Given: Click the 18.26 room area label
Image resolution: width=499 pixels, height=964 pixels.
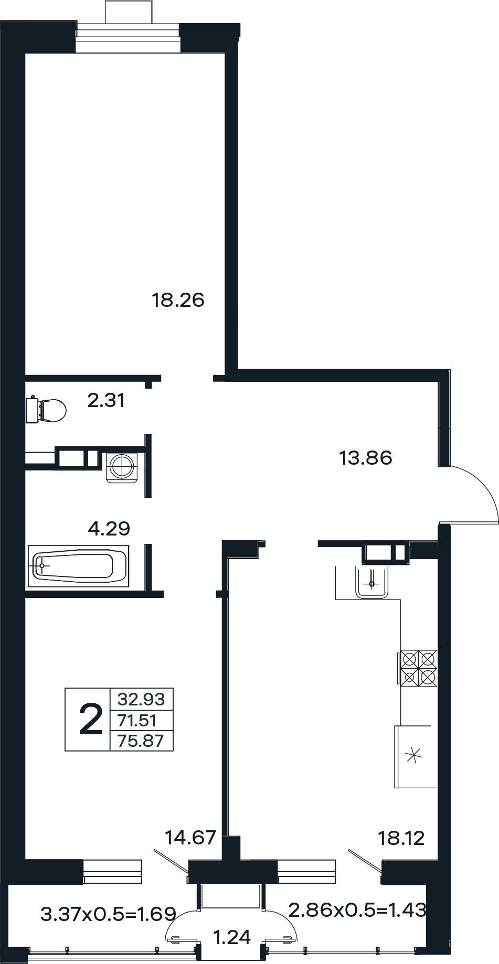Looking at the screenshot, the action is pyautogui.click(x=178, y=301).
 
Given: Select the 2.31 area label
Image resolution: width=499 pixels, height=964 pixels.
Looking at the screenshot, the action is pyautogui.click(x=106, y=401).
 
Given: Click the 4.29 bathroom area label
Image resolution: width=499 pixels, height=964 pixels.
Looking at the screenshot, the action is pyautogui.click(x=109, y=528).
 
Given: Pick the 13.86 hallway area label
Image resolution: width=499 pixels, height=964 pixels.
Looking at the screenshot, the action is pyautogui.click(x=366, y=458).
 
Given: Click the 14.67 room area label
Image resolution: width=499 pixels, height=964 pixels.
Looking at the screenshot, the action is pyautogui.click(x=190, y=838).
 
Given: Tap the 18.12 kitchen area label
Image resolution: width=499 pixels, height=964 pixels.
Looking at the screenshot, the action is pyautogui.click(x=401, y=839).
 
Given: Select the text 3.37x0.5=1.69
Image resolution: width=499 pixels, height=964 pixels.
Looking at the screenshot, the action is pyautogui.click(x=108, y=915).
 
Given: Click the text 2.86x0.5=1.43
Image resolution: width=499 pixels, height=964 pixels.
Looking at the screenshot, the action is pyautogui.click(x=357, y=910).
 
